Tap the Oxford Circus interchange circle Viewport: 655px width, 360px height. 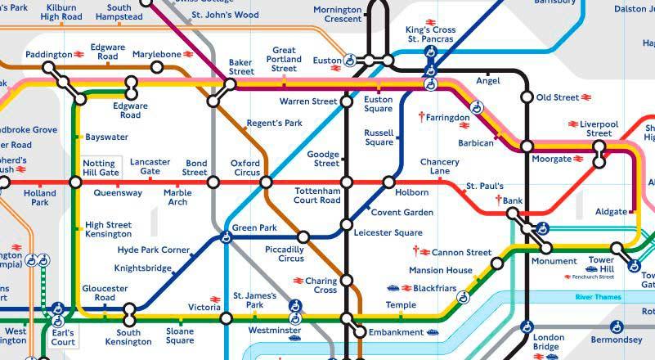pyautogui.click(x=266, y=182)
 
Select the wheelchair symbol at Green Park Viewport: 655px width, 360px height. pyautogui.click(x=227, y=238)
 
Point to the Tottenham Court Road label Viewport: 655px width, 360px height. pyautogui.click(x=317, y=196)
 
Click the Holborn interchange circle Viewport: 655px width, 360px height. pyautogui.click(x=388, y=182)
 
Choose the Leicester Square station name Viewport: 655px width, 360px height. pyautogui.click(x=388, y=232)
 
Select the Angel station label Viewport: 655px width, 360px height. pyautogui.click(x=487, y=80)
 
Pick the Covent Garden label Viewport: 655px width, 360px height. pyautogui.click(x=402, y=213)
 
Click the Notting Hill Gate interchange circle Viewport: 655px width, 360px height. pyautogui.click(x=76, y=182)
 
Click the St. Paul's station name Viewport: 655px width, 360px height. pyautogui.click(x=484, y=187)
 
